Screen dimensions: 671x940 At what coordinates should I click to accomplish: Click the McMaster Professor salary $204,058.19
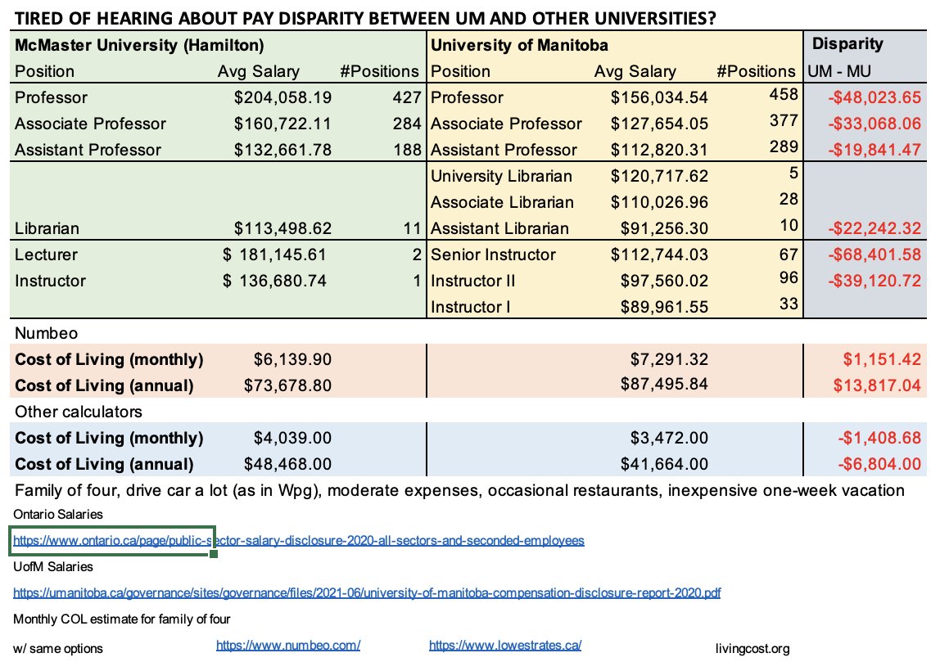[282, 98]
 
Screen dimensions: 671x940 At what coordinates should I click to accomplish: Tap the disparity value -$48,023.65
[874, 98]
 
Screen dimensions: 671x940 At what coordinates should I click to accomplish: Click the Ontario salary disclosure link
[299, 541]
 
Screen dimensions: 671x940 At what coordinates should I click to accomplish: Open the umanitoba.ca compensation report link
[367, 592]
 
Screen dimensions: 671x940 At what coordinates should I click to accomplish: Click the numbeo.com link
[288, 645]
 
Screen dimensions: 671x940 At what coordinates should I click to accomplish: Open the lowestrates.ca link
[505, 645]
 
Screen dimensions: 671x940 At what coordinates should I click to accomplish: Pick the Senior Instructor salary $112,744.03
[659, 255]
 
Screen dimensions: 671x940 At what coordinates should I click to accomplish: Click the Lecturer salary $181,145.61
[275, 255]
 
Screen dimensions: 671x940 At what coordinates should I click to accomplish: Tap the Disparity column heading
[847, 44]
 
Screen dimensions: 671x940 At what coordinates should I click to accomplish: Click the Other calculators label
[78, 412]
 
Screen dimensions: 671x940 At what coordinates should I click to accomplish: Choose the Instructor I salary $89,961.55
[659, 308]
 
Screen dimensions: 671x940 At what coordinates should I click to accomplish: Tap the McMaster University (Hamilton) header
[139, 45]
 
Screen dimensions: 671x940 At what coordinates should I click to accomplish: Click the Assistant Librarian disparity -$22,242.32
[874, 229]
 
